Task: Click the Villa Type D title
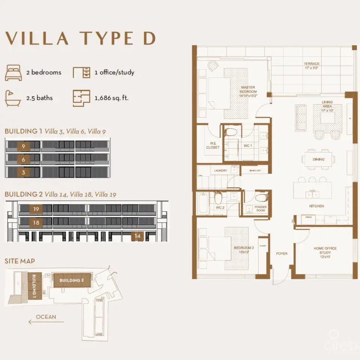pos(80,39)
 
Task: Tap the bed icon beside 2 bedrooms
pos(13,72)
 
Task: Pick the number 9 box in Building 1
pos(23,146)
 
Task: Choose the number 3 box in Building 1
pos(23,172)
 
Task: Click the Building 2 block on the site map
pos(71,280)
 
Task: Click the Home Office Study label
pos(325,253)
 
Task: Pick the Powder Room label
pos(260,209)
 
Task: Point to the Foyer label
pos(282,253)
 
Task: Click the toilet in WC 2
pos(218,198)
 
